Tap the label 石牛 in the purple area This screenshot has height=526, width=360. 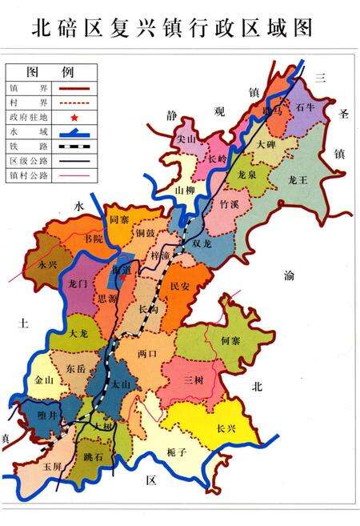[305, 106]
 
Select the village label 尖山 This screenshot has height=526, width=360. [187, 139]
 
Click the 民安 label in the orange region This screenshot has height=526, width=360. [181, 285]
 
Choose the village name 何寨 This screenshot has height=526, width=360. [230, 340]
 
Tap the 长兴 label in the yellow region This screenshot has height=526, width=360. [226, 428]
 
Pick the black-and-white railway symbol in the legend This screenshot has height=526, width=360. [85, 145]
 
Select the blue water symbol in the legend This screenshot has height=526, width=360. [85, 131]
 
